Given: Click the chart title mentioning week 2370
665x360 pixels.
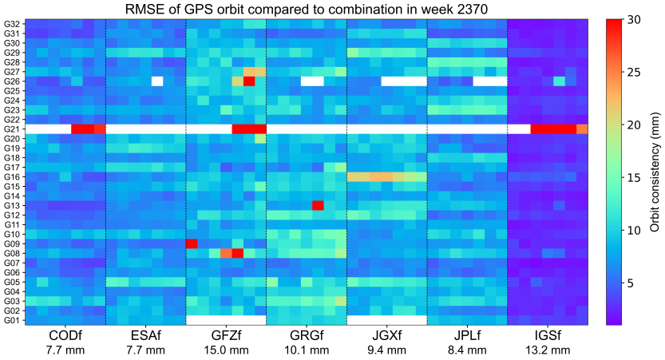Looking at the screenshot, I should coord(306,9).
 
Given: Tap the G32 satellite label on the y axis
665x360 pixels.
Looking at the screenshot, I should coord(12,23).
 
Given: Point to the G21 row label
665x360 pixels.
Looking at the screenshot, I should coord(12,129).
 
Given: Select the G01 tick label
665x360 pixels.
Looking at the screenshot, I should coord(12,320).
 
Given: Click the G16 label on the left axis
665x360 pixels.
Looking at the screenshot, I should coord(12,176).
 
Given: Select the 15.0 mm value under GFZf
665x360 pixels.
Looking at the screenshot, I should coord(226,350).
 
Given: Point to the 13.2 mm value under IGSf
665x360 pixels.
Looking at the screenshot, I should coord(548,350).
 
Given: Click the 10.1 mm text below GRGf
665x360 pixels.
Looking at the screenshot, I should coord(307,350).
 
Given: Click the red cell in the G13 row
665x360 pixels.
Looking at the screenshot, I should coord(318,205).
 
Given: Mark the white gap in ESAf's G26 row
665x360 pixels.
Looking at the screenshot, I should coord(157,81).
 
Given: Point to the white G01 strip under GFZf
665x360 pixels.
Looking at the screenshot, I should coord(226,320).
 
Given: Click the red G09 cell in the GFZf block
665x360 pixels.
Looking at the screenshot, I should coord(192,243).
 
